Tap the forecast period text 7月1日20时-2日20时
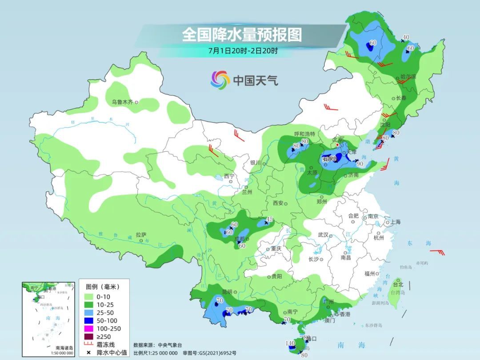[243, 50]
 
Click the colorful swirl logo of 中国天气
[220, 80]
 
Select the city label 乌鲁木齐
[122, 102]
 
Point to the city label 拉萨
[141, 234]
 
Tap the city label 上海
[396, 222]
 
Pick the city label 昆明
[227, 292]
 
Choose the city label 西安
[278, 203]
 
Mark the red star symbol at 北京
[337, 145]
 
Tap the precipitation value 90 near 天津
[360, 164]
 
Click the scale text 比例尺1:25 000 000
[155, 352]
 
